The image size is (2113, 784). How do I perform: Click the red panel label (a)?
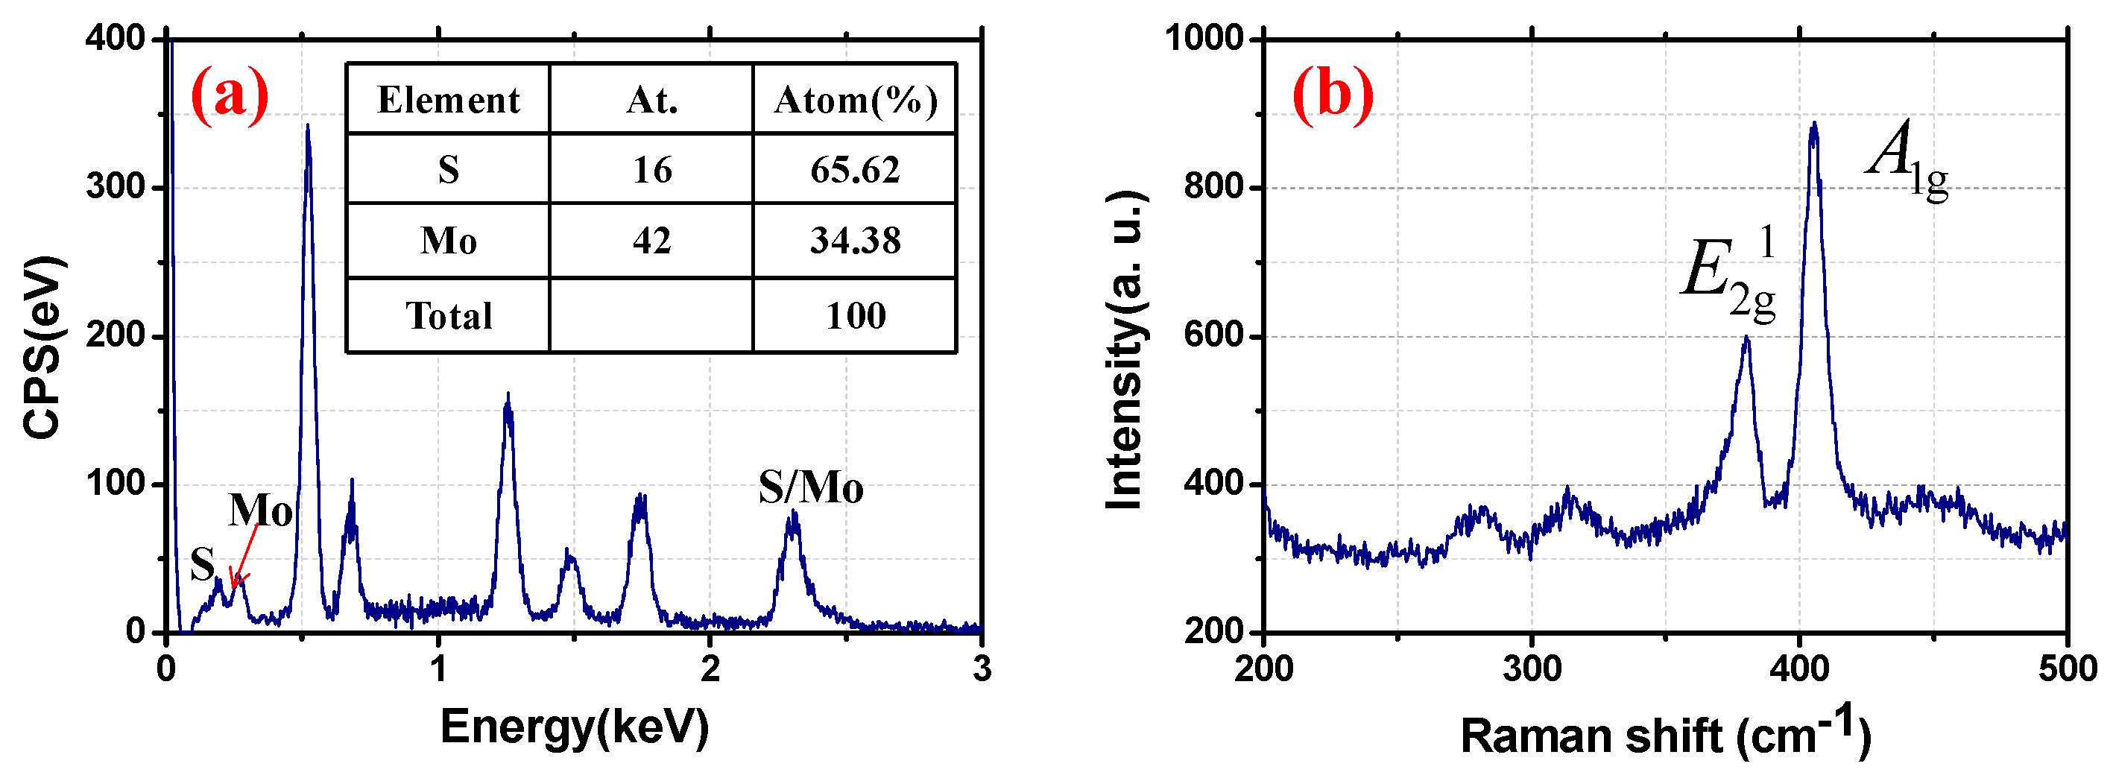[x=229, y=95]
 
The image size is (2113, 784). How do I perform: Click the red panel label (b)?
[x=1332, y=95]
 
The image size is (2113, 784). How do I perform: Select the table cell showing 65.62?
[x=855, y=170]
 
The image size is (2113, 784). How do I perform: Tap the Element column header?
[x=448, y=100]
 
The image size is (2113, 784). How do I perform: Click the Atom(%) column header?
[x=855, y=100]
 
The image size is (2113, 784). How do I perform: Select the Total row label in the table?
[x=448, y=316]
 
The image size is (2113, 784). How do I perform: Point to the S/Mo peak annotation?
[x=809, y=488]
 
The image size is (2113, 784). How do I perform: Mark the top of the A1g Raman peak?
[x=1813, y=125]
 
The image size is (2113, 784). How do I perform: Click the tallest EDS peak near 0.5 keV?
[x=307, y=127]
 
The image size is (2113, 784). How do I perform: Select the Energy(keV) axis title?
[x=574, y=726]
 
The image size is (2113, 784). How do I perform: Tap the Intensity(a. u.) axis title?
[x=1125, y=351]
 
